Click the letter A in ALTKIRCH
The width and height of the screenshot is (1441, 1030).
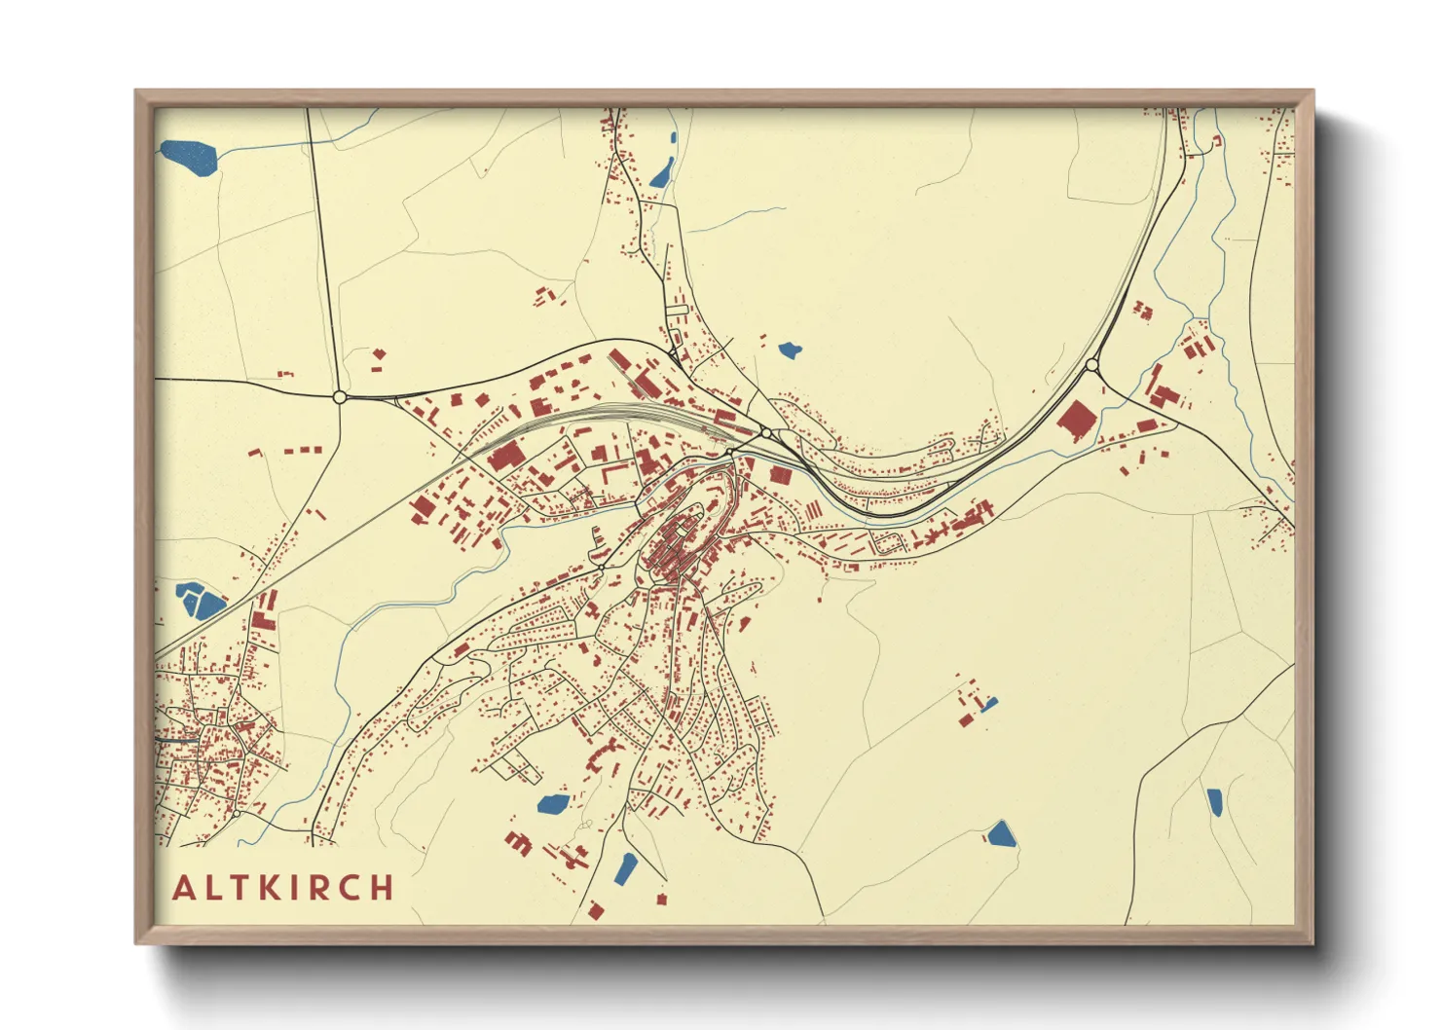(x=183, y=888)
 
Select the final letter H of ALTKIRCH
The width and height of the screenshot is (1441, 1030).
(x=382, y=888)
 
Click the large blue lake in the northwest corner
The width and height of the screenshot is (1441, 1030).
(x=190, y=157)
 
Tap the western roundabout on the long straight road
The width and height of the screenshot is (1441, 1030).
(x=339, y=397)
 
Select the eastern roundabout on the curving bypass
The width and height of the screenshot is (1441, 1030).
(x=1091, y=366)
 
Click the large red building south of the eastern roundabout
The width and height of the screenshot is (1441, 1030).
(x=1076, y=422)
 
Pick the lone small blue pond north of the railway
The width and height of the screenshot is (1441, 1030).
(x=790, y=349)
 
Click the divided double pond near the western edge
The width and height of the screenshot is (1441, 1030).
(x=198, y=601)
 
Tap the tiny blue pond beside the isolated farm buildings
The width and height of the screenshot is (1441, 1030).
(x=990, y=704)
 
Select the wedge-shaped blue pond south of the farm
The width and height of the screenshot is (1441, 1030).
(x=1001, y=834)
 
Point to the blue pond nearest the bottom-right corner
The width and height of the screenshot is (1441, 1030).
(x=1214, y=802)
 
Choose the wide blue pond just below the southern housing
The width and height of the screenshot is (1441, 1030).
(x=553, y=804)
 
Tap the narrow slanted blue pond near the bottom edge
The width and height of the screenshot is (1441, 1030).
(x=626, y=866)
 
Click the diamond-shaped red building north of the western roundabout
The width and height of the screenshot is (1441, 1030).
(x=379, y=355)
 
